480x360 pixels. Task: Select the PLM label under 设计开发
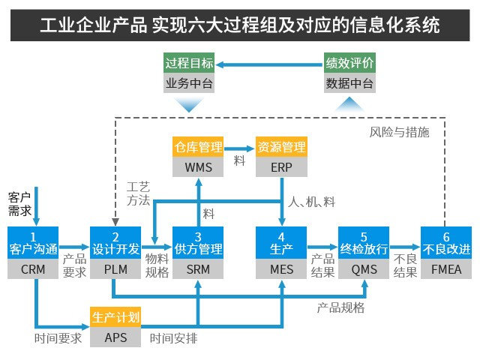tap(115, 268)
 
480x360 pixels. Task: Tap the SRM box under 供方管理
tap(198, 268)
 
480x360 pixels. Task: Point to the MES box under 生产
tap(280, 268)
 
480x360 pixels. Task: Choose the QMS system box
tap(363, 268)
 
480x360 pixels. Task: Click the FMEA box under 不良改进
tap(445, 268)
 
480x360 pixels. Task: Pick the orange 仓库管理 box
tap(198, 145)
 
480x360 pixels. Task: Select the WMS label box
tap(198, 166)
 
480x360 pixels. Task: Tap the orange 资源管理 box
tap(280, 145)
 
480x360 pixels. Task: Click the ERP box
tap(280, 166)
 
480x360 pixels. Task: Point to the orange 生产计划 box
tap(115, 316)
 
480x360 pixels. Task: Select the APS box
tap(115, 337)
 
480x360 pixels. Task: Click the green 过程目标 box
tap(189, 62)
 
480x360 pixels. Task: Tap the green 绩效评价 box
tap(349, 62)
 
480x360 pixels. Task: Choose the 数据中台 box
tap(349, 82)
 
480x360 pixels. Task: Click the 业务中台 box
tap(189, 82)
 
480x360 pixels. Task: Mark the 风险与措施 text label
tap(399, 132)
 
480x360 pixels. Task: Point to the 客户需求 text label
tap(19, 203)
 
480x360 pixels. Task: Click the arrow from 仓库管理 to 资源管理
tap(240, 145)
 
